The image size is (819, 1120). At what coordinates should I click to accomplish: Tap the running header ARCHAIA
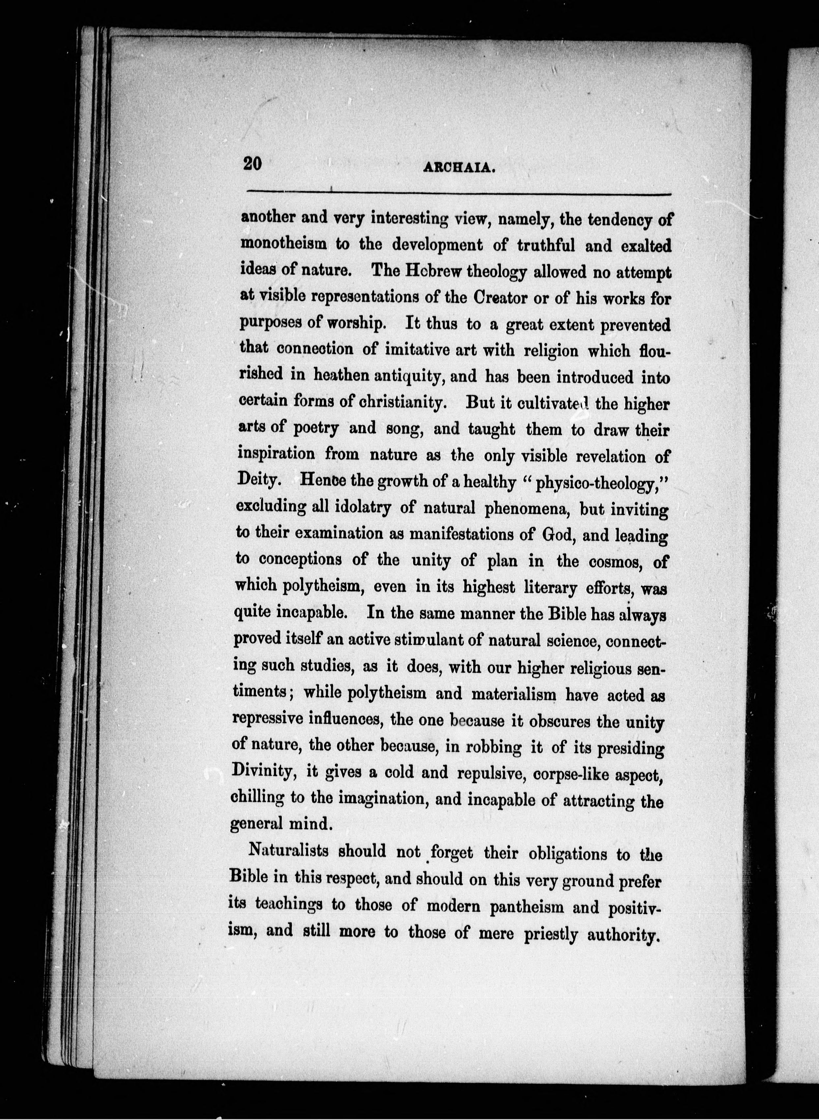[459, 169]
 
